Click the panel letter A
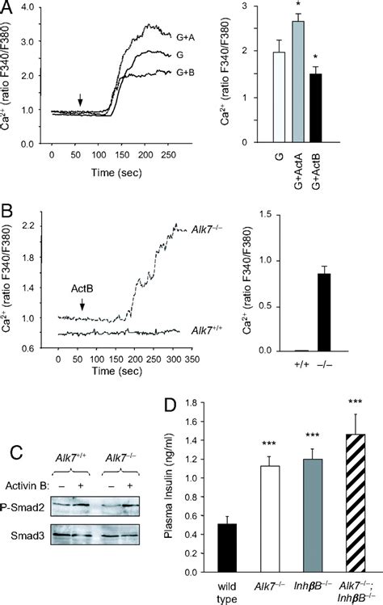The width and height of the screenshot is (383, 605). coord(9,10)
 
